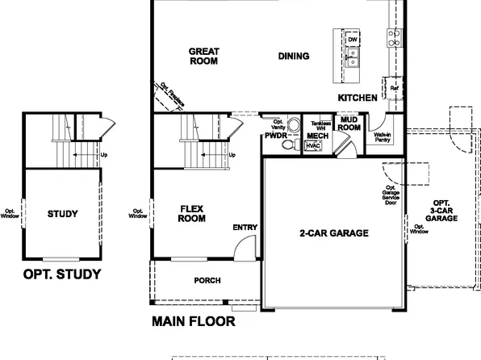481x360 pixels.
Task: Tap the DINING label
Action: (293, 56)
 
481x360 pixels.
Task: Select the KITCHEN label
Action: (358, 97)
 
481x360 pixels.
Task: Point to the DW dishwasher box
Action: (352, 39)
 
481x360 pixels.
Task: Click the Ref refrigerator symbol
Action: (394, 87)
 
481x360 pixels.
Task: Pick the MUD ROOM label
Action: (349, 123)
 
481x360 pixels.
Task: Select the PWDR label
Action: (276, 136)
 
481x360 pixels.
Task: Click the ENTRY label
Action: (245, 228)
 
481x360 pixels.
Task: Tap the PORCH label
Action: (207, 280)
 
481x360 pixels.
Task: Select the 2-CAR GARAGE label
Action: (333, 232)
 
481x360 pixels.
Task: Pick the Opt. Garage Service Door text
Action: (392, 197)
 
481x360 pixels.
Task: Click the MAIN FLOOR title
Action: (194, 321)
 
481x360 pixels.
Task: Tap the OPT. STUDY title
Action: (62, 274)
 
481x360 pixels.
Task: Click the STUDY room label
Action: (62, 214)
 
